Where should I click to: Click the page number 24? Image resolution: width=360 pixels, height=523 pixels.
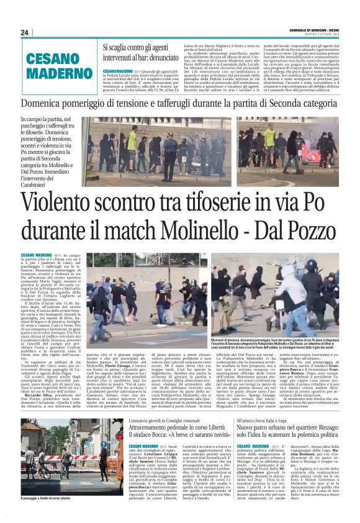25,32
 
